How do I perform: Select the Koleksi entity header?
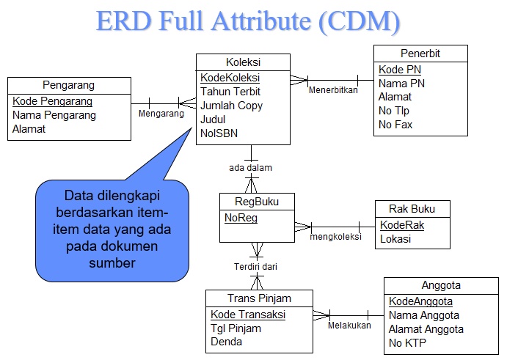tap(243, 62)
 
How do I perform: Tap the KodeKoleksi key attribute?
tap(230, 78)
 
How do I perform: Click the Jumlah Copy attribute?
tap(231, 106)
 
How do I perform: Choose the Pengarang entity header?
tap(68, 85)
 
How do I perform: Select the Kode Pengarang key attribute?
tap(52, 101)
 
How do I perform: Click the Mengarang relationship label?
tap(161, 114)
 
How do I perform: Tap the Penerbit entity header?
tap(420, 54)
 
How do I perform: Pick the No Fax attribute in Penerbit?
tap(395, 125)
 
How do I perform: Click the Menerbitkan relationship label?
tap(332, 90)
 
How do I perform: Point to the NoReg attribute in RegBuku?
tap(241, 218)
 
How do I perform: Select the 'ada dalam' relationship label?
tap(250, 168)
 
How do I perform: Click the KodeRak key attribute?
tap(402, 225)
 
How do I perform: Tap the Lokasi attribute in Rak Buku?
tap(395, 239)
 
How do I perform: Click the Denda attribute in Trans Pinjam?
tap(226, 342)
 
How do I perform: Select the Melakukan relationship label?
tap(349, 325)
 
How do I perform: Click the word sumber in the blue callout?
tap(112, 262)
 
